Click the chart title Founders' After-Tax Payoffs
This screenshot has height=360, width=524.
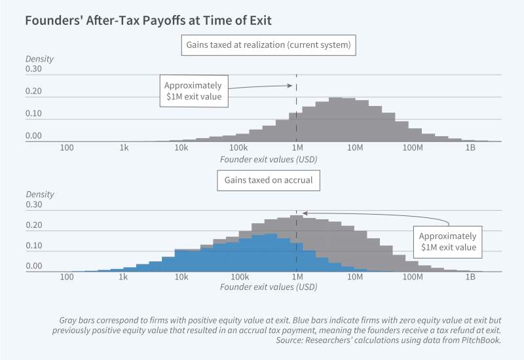click(x=147, y=20)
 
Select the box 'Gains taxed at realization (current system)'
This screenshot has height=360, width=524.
click(x=269, y=45)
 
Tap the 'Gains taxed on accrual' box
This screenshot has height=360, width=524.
click(x=269, y=181)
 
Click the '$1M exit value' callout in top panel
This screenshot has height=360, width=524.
click(x=193, y=92)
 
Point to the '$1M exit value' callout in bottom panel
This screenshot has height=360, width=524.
click(x=447, y=242)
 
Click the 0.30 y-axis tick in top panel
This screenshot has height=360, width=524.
click(x=33, y=69)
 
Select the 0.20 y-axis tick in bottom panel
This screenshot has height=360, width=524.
click(x=33, y=225)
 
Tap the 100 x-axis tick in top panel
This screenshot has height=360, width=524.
click(x=66, y=149)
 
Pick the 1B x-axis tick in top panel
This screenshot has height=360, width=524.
click(x=470, y=149)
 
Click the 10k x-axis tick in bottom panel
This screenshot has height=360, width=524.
click(x=181, y=278)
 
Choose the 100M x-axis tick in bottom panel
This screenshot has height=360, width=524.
click(x=413, y=278)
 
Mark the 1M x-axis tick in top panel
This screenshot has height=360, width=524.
click(x=297, y=149)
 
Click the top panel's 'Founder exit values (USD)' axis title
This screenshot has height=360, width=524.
click(x=269, y=159)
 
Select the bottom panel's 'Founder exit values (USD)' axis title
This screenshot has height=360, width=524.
click(x=269, y=287)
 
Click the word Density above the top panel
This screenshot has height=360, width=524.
click(x=39, y=59)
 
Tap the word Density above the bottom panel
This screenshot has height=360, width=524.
click(x=39, y=194)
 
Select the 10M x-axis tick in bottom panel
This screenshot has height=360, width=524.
click(x=355, y=278)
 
